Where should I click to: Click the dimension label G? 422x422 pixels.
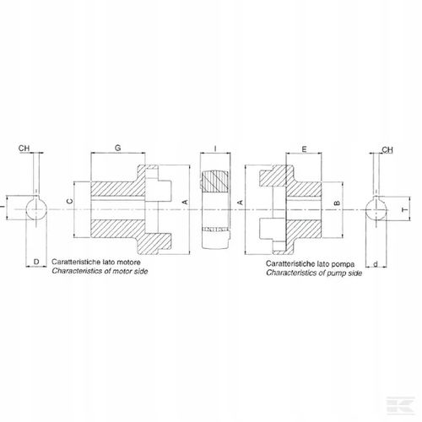[x=118, y=148]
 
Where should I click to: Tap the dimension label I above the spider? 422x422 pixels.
[x=215, y=149]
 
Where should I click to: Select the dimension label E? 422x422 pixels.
[x=304, y=149]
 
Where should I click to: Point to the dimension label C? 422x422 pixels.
[x=70, y=201]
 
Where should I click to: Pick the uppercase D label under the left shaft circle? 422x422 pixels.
[x=36, y=262]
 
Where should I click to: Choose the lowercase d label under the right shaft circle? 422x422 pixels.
[x=376, y=263]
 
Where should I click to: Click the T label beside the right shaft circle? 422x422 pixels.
[x=404, y=210]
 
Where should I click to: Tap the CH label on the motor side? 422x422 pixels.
[x=24, y=148]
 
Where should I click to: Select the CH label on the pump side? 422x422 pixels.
[x=387, y=149]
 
